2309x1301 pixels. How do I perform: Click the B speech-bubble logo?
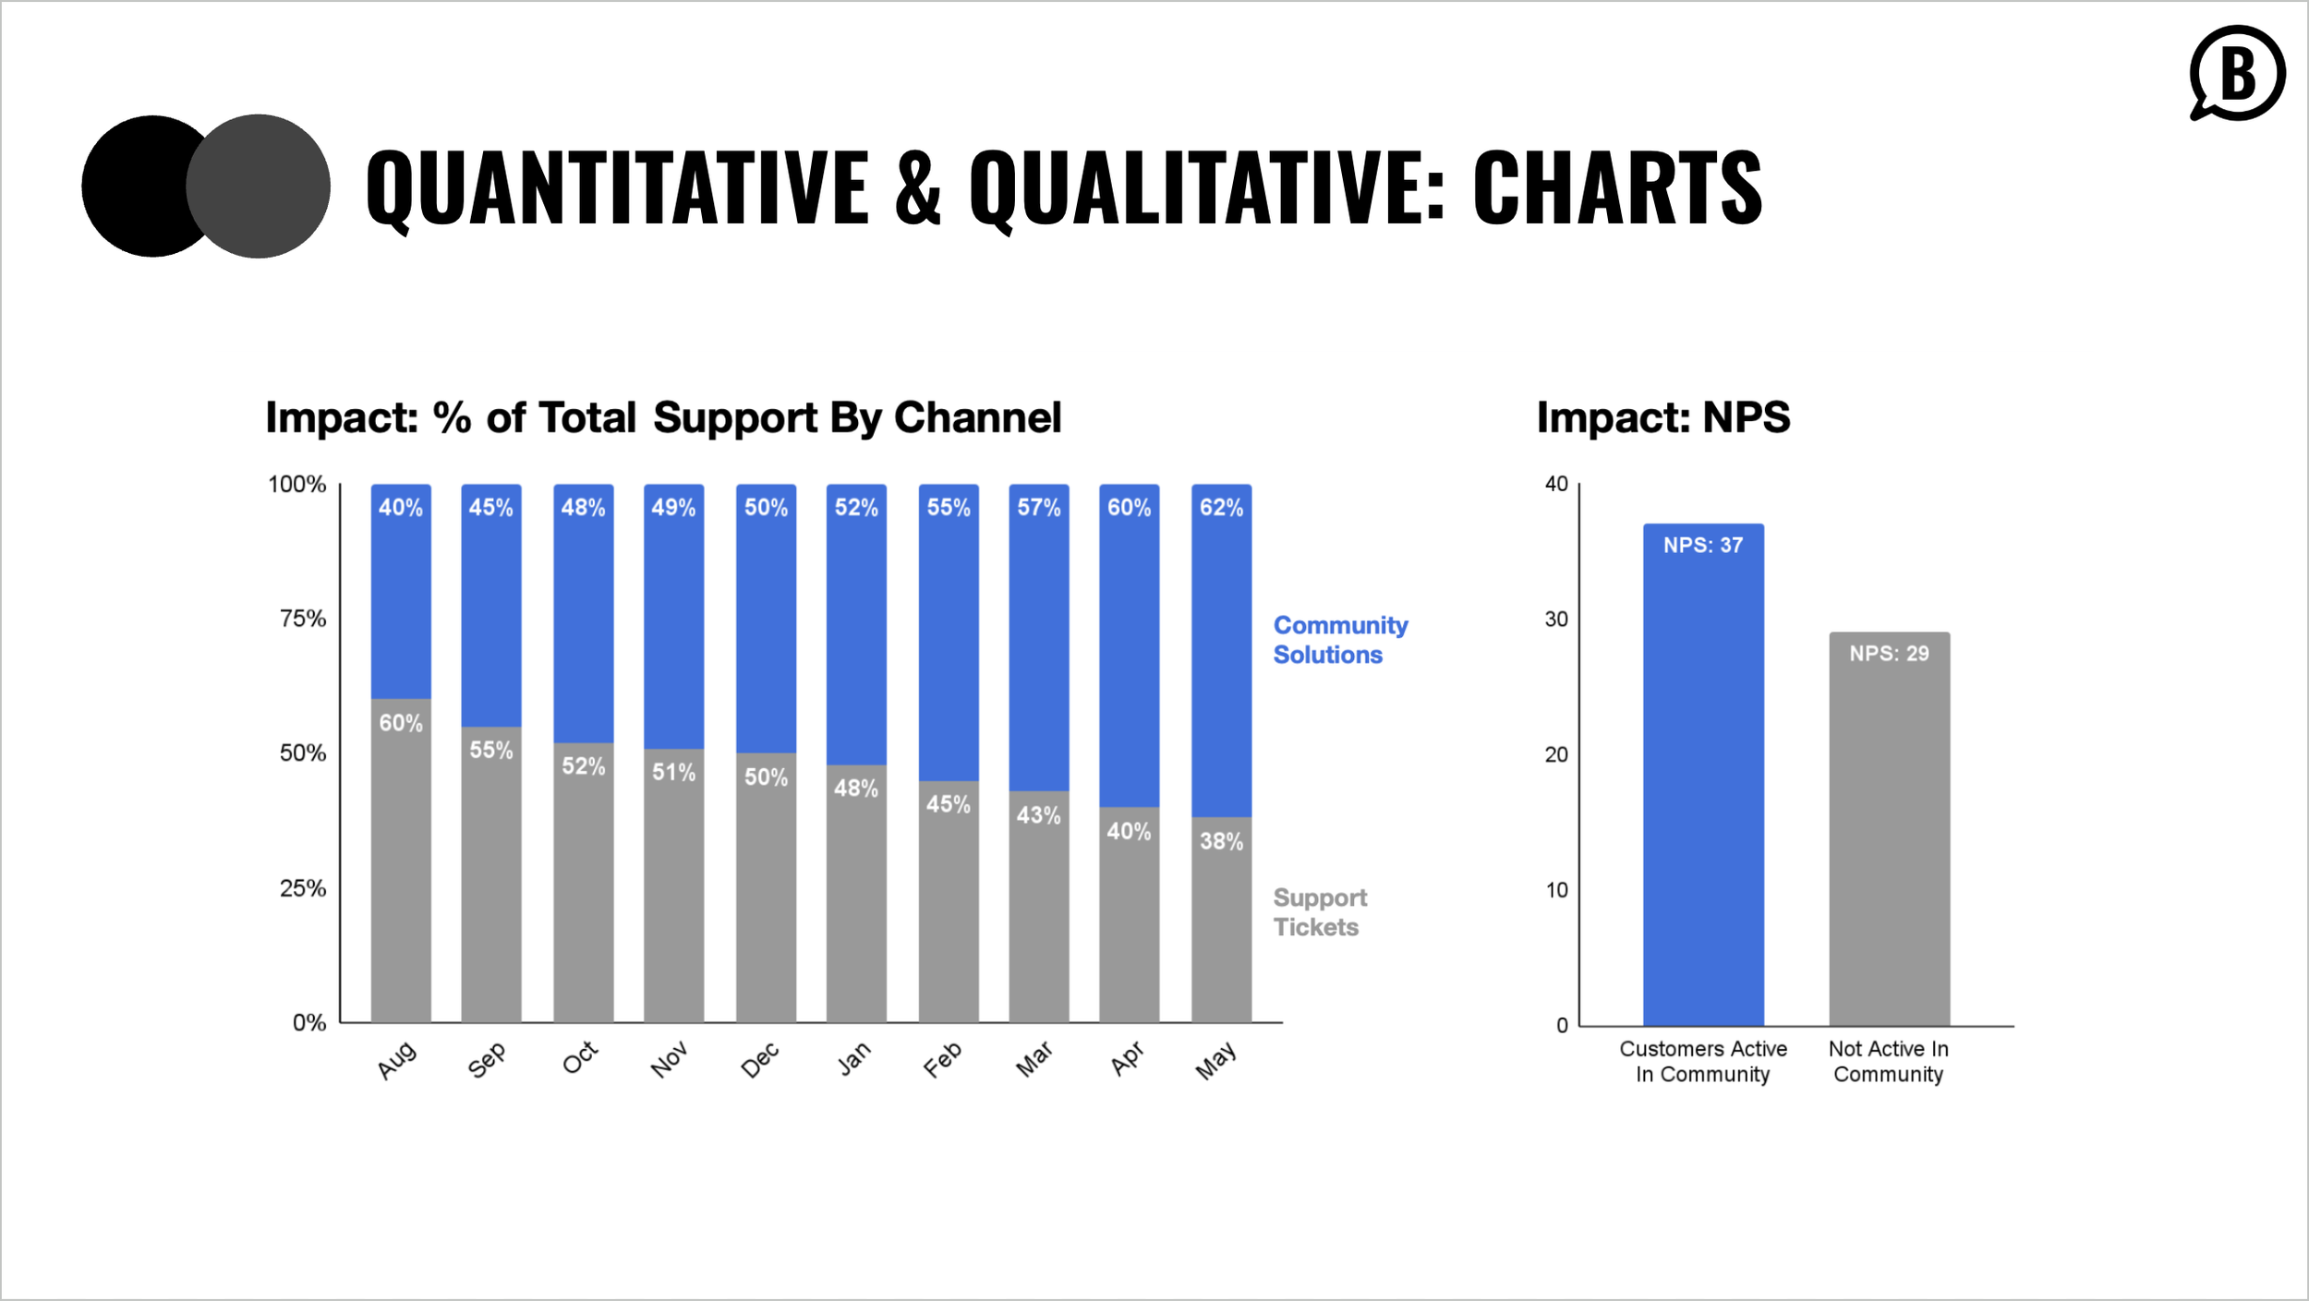click(x=2237, y=74)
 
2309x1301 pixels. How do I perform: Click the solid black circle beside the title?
click(x=139, y=187)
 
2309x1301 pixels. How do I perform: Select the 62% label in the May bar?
click(x=1221, y=508)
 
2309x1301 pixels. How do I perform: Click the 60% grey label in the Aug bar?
click(x=401, y=723)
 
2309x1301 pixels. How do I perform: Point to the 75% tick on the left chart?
click(x=303, y=619)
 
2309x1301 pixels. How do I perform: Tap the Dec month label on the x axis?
click(x=761, y=1060)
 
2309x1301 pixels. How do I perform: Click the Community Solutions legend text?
click(x=1339, y=640)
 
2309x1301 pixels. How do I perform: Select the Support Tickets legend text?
click(x=1319, y=912)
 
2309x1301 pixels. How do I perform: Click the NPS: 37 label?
click(x=1703, y=546)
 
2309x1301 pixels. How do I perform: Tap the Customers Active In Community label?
click(x=1703, y=1062)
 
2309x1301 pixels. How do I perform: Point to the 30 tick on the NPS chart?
click(x=1556, y=620)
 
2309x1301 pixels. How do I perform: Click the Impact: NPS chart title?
click(x=1662, y=417)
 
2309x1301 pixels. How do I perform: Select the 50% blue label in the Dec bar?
click(x=766, y=508)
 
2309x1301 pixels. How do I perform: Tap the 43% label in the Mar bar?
click(x=1038, y=815)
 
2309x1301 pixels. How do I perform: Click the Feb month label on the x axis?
click(x=943, y=1060)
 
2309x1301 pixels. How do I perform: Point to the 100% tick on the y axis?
click(x=296, y=485)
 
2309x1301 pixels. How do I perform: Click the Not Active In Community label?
click(x=1889, y=1062)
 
